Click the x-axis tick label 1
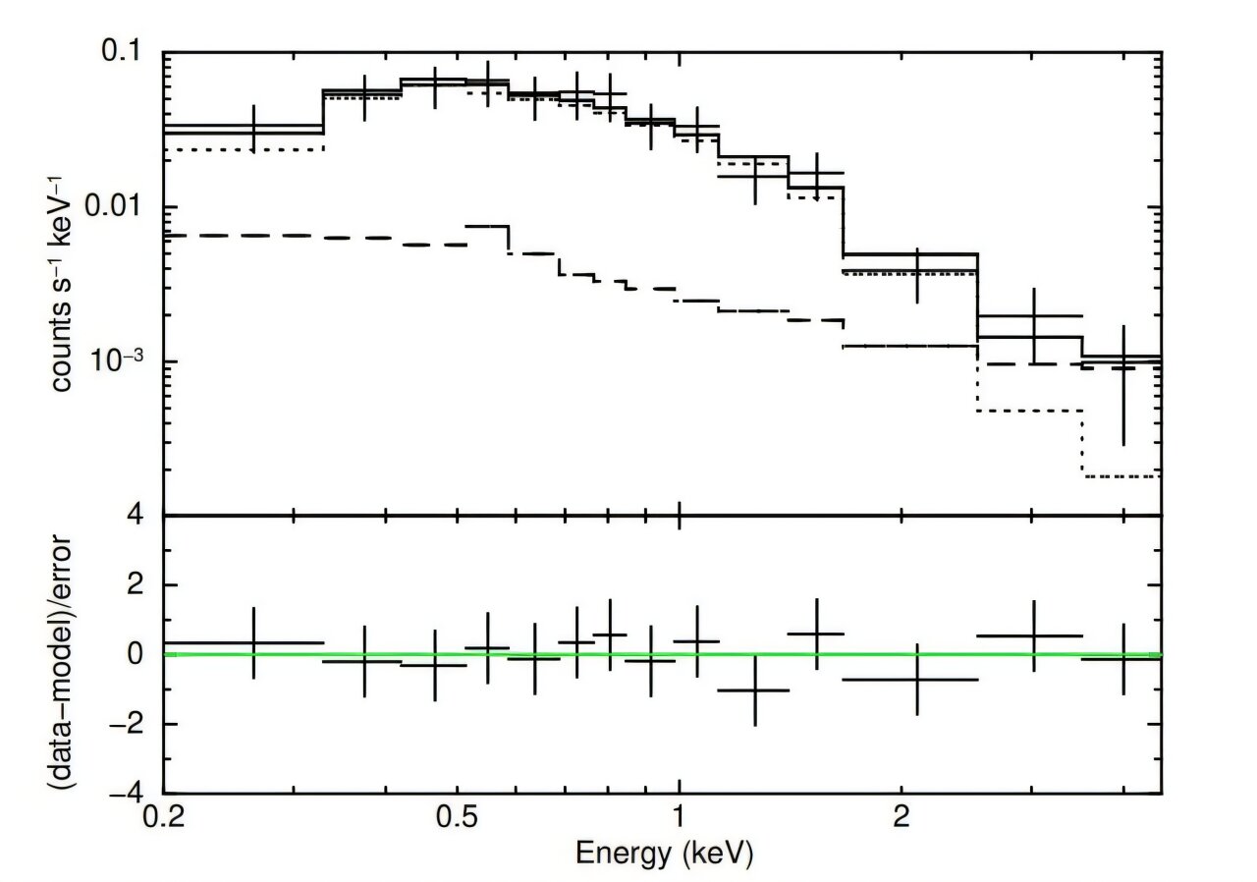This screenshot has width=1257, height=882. [x=678, y=817]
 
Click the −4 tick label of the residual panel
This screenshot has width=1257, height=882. [x=137, y=793]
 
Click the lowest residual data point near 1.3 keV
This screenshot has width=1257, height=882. [x=754, y=690]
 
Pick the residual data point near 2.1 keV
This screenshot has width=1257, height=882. [x=917, y=679]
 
